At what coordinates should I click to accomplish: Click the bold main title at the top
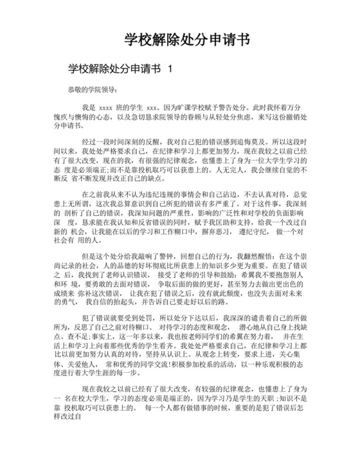(186, 40)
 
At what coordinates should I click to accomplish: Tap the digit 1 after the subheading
(170, 68)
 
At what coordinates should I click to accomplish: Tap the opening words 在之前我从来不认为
(113, 193)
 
